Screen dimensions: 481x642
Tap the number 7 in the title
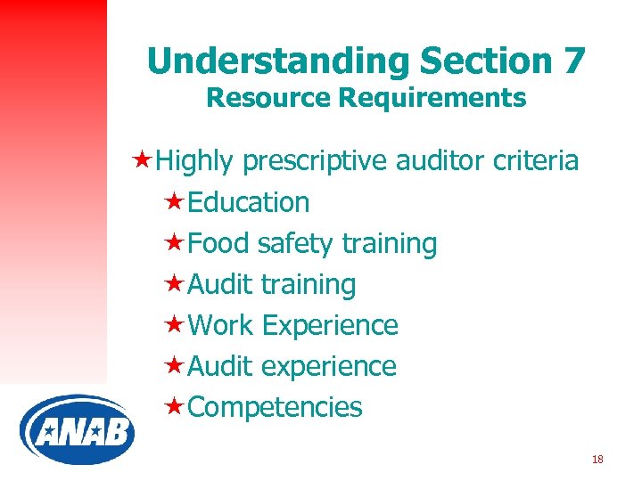(x=573, y=61)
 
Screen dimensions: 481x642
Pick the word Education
(x=249, y=202)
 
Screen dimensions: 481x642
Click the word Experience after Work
(x=330, y=325)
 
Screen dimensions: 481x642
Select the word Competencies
(x=276, y=407)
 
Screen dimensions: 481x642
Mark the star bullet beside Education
(x=176, y=202)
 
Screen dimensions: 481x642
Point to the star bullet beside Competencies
(x=176, y=407)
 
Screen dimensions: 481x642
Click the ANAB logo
(x=77, y=430)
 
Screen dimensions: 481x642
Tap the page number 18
(x=597, y=460)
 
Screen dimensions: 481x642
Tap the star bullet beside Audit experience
(x=176, y=366)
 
